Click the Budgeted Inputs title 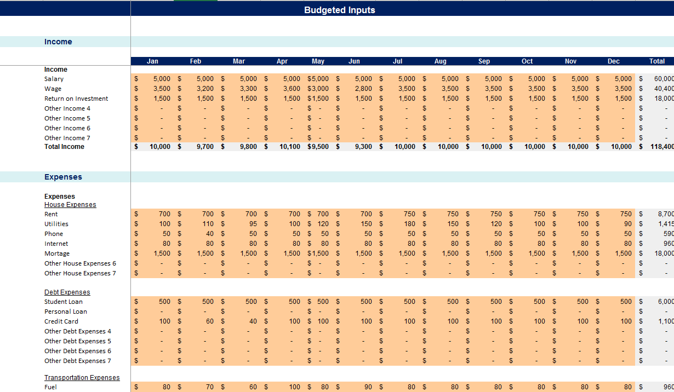tap(339, 10)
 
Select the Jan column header tap(152, 61)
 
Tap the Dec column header tap(613, 61)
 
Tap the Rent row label tap(51, 214)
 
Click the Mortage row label tap(57, 253)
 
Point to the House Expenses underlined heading tap(70, 205)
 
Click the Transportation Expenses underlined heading tap(82, 378)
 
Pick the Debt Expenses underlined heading tap(67, 292)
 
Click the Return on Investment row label tap(76, 99)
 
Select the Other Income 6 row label tap(67, 128)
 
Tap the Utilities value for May tap(323, 224)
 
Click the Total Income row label tap(64, 147)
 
